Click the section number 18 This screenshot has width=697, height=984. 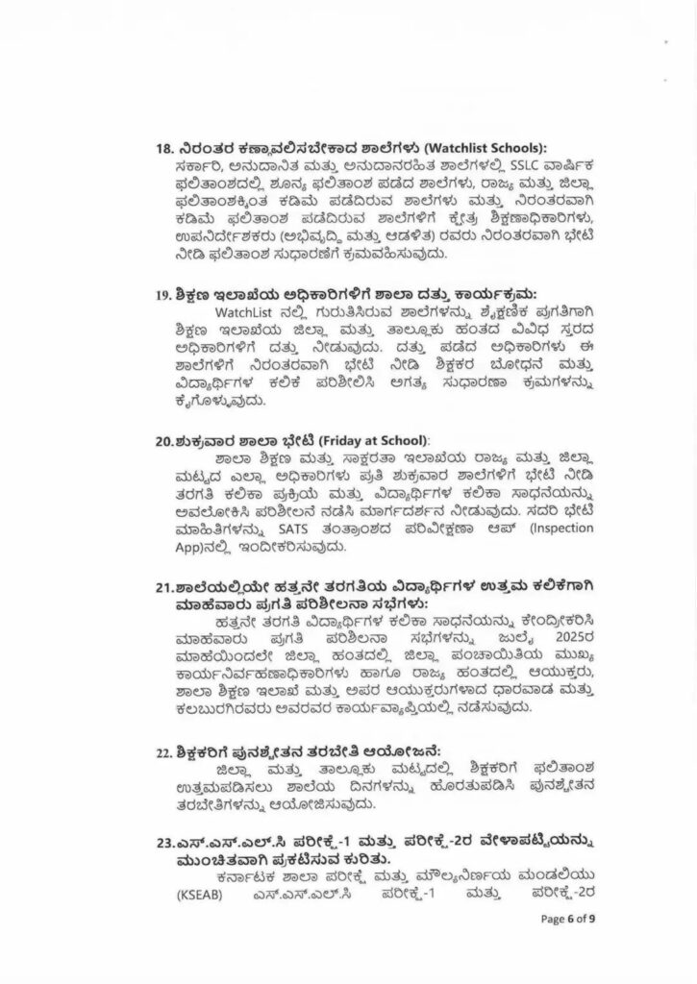click(163, 148)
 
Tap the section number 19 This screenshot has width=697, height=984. click(163, 293)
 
